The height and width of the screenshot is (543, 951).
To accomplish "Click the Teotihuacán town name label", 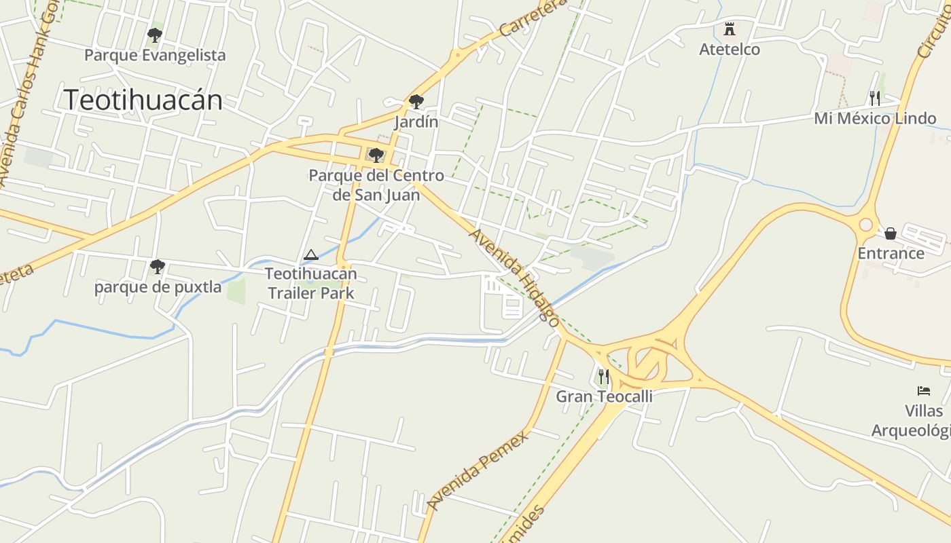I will [143, 100].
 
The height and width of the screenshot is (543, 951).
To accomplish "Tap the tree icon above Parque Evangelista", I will [155, 35].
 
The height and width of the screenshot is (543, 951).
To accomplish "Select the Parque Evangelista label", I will [155, 55].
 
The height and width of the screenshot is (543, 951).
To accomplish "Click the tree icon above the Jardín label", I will [416, 102].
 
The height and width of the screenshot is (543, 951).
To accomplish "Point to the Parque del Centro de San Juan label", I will [376, 185].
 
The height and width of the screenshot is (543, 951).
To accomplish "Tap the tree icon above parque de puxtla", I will [158, 266].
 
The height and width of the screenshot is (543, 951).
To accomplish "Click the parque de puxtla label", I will [158, 287].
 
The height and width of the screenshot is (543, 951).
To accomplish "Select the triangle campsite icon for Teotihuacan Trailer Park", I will [311, 255].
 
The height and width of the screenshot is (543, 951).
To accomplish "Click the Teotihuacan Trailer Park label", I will [310, 284].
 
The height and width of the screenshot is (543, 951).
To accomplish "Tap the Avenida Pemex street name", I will [478, 470].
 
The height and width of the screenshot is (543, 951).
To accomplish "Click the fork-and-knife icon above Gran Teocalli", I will [603, 376].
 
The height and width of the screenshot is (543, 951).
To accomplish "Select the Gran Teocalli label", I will [604, 396].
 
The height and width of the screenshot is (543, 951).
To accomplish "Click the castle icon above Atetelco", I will [730, 29].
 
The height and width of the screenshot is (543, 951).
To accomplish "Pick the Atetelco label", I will [730, 50].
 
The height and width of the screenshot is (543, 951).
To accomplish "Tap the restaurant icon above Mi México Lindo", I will [875, 98].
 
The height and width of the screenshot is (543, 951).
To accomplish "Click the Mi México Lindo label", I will [875, 119].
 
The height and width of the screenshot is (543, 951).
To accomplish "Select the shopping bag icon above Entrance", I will [891, 233].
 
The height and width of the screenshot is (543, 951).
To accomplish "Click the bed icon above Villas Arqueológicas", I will [924, 391].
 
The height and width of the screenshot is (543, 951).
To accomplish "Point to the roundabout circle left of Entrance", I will [865, 225].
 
